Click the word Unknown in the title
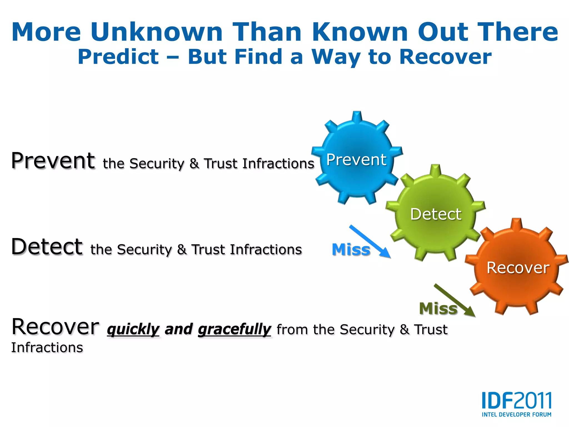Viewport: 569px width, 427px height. (156, 32)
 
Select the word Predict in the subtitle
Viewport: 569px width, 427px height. (118, 57)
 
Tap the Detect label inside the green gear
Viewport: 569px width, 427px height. (436, 214)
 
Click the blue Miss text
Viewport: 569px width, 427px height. (351, 249)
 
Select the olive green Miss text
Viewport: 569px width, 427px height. (438, 309)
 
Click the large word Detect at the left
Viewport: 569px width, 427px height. (47, 247)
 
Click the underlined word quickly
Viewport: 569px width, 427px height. (133, 329)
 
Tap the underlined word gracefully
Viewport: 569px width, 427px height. (234, 329)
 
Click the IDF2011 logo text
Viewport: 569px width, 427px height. (516, 400)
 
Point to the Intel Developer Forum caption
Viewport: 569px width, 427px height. (516, 414)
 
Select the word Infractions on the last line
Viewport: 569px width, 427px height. (47, 347)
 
